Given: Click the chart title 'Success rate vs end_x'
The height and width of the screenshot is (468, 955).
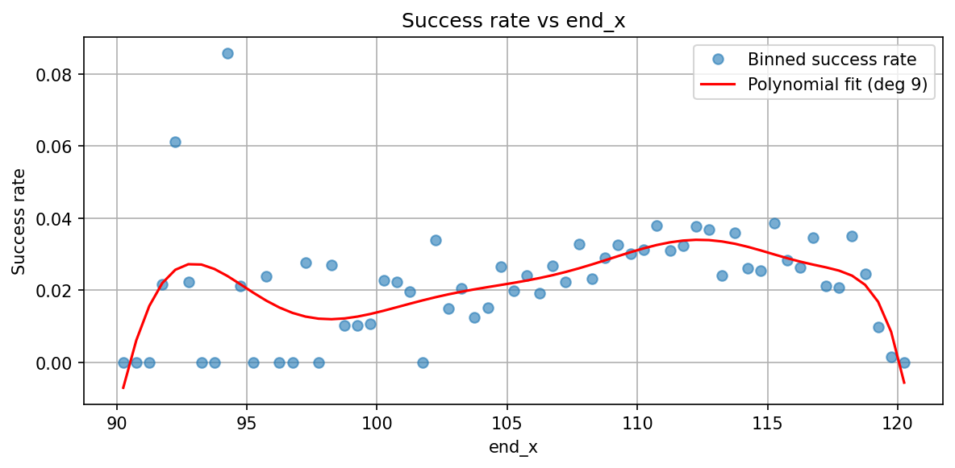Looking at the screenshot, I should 513,22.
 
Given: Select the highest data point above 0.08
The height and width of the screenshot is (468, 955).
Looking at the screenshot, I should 227,53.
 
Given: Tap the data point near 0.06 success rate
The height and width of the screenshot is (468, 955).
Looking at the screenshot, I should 175,142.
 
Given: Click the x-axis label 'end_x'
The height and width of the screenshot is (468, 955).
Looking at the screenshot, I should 513,448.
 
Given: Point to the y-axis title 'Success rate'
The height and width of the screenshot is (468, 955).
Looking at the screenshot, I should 19,221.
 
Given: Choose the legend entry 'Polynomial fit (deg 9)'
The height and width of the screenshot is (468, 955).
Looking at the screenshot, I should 839,83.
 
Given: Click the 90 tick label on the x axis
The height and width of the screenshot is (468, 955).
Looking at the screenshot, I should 117,423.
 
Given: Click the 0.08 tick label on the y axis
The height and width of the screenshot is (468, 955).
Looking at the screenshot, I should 58,74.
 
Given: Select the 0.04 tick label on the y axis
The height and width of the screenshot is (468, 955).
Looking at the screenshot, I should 58,218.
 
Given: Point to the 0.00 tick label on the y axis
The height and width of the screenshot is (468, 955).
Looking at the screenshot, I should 58,362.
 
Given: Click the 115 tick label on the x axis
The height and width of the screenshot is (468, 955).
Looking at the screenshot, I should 767,423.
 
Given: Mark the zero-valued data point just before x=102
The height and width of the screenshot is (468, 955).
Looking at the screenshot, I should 423,362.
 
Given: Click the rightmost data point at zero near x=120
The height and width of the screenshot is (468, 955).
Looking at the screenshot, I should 904,362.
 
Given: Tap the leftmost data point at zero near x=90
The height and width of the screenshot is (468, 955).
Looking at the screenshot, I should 123,362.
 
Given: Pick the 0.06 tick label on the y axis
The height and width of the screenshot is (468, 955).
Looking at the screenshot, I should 58,146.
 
